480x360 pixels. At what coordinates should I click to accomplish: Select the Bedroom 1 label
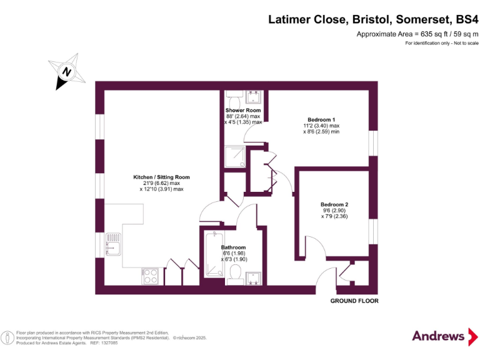[321, 119]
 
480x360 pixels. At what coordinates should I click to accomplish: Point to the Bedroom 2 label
[334, 205]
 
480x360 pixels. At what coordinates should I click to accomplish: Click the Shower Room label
[243, 111]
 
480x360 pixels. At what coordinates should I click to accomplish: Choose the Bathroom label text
[233, 247]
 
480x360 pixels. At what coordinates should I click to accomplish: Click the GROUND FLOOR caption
[354, 301]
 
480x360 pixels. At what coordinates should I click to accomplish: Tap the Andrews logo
[441, 336]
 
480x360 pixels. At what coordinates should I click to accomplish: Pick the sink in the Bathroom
[254, 277]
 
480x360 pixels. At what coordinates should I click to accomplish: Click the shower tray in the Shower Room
[236, 156]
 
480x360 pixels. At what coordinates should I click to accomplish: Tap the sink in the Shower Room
[254, 97]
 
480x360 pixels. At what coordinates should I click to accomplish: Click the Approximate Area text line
[417, 34]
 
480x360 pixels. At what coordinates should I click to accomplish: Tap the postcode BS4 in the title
[466, 19]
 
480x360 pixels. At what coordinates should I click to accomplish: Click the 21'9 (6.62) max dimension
[161, 183]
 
